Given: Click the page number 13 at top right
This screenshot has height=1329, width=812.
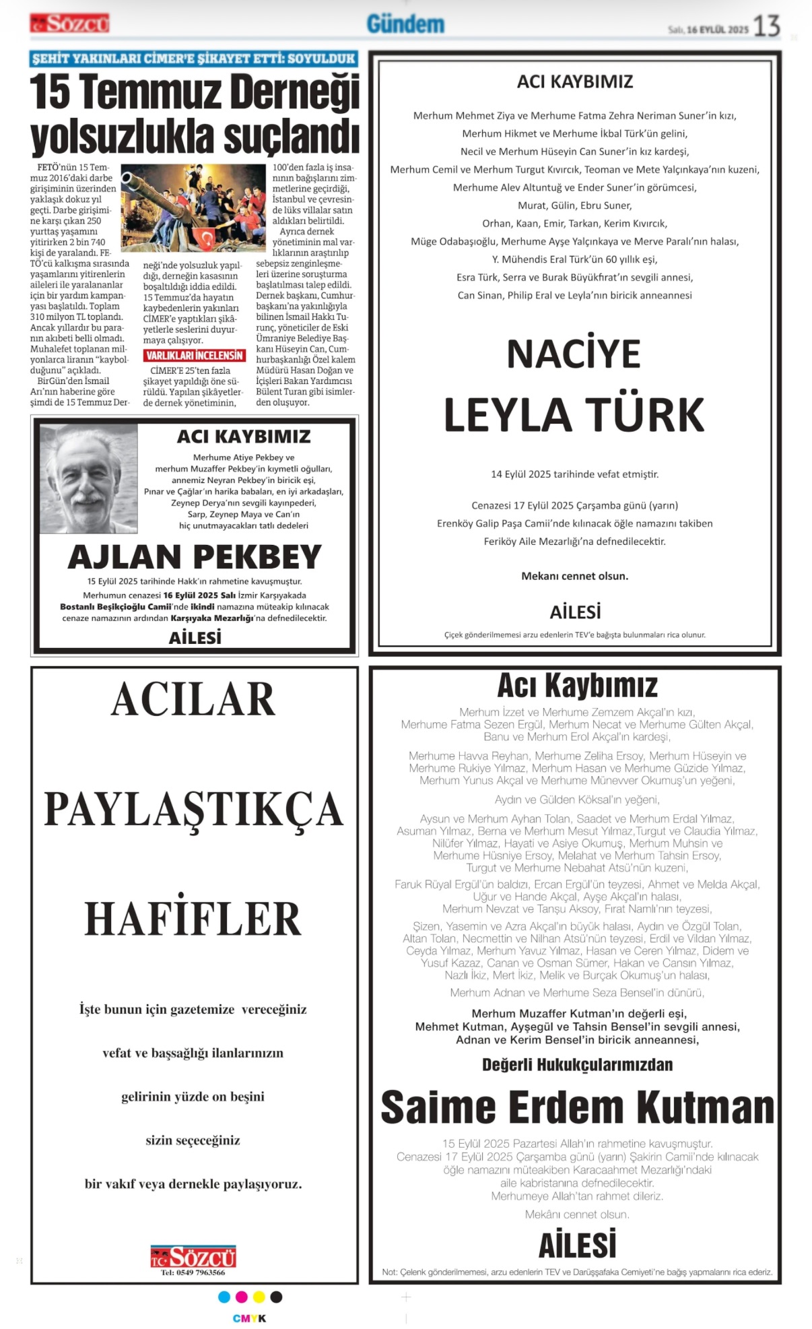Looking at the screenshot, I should point(766,26).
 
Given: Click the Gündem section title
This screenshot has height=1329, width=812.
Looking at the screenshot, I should point(405,24).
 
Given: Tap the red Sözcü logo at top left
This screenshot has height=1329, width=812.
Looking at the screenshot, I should point(69,24).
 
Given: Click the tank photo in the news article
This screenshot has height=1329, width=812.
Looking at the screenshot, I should point(193,208).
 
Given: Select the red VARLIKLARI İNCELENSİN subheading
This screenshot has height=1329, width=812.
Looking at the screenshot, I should point(195,355).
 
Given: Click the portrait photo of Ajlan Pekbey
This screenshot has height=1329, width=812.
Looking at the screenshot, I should point(88,478).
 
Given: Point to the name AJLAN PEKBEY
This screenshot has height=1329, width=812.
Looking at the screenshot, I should point(195,557).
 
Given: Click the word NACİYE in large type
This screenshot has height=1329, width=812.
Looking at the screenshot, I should point(574,354).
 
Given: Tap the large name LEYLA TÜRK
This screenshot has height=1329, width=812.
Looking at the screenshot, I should point(574,415).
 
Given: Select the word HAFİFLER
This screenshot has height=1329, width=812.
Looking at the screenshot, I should point(193,919).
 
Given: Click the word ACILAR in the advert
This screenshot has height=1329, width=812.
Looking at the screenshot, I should point(193,700).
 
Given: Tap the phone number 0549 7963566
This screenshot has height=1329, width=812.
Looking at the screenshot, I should point(193,1272).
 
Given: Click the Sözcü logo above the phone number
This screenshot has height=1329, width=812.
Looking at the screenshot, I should point(193,1256).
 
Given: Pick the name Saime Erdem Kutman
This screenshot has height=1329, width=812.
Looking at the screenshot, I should point(577,1107).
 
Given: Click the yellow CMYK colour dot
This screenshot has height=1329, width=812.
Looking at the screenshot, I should point(259,1297).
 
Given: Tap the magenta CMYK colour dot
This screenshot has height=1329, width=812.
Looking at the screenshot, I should point(242,1297).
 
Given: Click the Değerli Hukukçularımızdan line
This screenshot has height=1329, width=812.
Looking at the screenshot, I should point(577,1064).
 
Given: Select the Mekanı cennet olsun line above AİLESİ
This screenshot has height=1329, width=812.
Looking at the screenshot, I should point(574,576).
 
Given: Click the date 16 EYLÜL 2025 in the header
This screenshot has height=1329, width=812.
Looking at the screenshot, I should point(717,30).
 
